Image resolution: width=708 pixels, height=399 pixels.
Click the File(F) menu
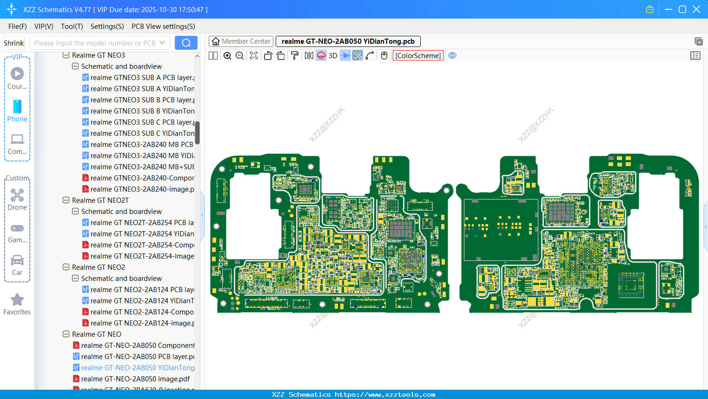[x=17, y=27]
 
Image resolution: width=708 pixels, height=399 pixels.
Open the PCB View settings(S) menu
[x=163, y=27]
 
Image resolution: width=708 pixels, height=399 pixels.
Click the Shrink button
[x=13, y=43]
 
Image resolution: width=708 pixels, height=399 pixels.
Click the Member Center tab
[x=241, y=41]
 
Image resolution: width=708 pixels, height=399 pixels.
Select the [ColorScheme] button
[x=418, y=56]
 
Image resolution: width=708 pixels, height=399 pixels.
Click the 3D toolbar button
[x=333, y=56]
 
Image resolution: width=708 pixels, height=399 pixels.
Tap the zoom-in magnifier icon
[x=227, y=56]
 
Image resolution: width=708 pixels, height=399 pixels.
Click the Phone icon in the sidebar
[x=17, y=107]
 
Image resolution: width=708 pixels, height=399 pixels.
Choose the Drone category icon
[x=17, y=195]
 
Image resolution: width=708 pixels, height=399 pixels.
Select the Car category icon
[x=17, y=260]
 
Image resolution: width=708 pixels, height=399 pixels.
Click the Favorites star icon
[x=17, y=300]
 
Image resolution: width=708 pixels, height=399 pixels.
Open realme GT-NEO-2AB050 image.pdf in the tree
[x=135, y=379]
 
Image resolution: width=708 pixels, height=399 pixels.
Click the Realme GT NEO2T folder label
[x=100, y=200]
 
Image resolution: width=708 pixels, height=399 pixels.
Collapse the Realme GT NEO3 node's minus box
[x=66, y=55]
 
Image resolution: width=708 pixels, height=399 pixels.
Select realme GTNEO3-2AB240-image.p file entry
[x=142, y=189]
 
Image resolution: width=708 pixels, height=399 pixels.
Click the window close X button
[x=696, y=9]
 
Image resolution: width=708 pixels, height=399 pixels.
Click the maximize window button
[x=682, y=9]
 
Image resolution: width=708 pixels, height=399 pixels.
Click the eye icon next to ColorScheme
[x=452, y=56]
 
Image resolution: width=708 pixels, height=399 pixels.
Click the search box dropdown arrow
[x=162, y=43]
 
